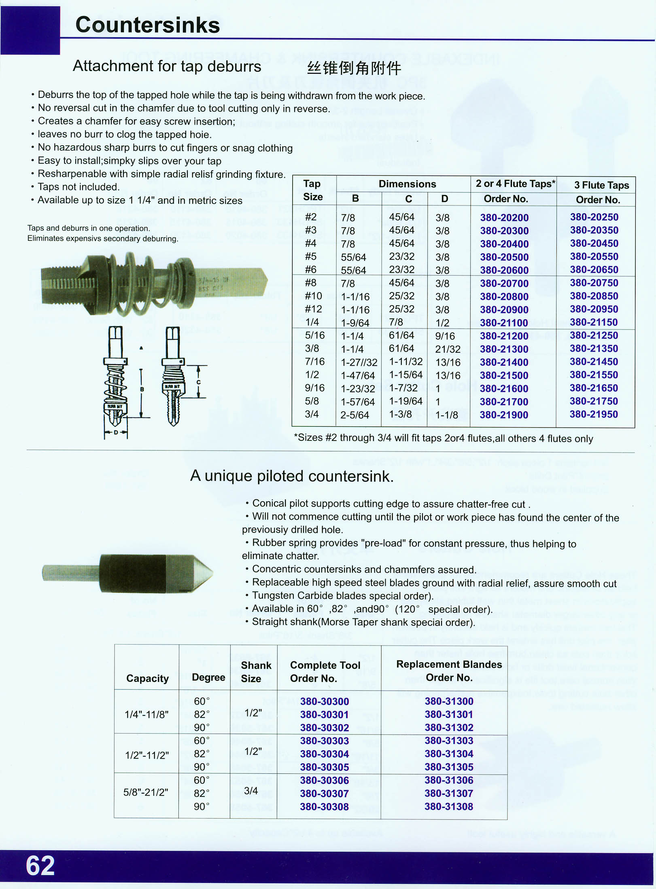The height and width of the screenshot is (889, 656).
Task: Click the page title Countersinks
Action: pos(147,25)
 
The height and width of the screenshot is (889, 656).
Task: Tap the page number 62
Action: pos(40,866)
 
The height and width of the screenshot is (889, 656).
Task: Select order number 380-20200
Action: pos(504,218)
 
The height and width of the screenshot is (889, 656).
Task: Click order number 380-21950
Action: pos(594,414)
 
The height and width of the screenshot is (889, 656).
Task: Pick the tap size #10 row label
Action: pos(313,296)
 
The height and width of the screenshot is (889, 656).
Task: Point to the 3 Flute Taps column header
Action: pos(601,185)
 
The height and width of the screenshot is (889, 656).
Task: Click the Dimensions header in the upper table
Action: pos(407,184)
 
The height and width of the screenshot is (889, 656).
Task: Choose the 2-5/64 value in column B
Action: pos(355,415)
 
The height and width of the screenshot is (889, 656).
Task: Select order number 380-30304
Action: pos(325,754)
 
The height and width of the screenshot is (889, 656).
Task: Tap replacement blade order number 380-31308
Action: pos(449,806)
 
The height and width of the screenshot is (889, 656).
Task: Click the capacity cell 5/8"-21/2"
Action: pos(146,792)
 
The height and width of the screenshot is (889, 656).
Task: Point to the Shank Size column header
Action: pos(256,672)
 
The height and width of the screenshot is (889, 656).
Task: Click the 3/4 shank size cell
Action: pos(251,791)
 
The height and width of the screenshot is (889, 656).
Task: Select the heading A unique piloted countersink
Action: pos(292,476)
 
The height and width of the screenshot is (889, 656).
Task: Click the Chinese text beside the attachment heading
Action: pos(354,68)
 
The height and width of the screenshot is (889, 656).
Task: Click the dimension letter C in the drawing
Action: pos(198,382)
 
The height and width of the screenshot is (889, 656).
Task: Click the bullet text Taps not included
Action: pos(79,187)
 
